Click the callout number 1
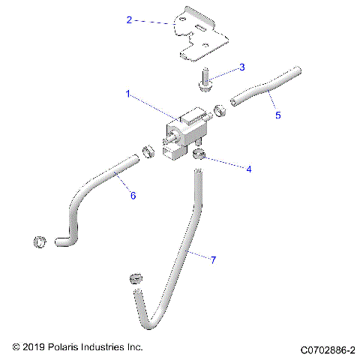click(x=128, y=94)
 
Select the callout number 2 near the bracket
click(x=129, y=20)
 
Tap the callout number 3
click(x=241, y=67)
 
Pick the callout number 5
click(x=278, y=116)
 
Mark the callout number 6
click(x=133, y=196)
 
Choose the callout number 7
click(x=213, y=260)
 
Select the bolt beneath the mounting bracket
click(x=205, y=82)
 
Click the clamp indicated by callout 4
click(x=199, y=154)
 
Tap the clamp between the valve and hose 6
click(x=147, y=152)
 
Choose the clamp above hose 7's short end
click(x=136, y=277)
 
